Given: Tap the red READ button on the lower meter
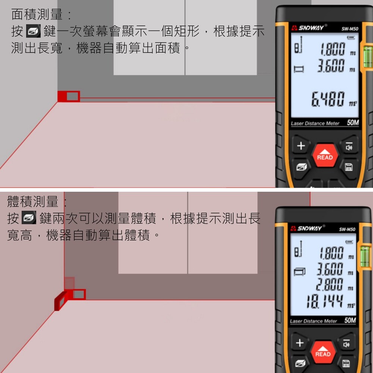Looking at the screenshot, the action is pyautogui.click(x=323, y=352).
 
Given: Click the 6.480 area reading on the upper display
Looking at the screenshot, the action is pyautogui.click(x=328, y=99).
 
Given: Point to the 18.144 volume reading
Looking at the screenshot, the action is pyautogui.click(x=325, y=301).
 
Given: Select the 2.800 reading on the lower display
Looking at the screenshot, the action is pyautogui.click(x=329, y=284).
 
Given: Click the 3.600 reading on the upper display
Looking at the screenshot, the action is pyautogui.click(x=331, y=66).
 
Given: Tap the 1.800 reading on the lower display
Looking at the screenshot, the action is pyautogui.click(x=331, y=253).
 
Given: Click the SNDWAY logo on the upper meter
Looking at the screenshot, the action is pyautogui.click(x=308, y=28).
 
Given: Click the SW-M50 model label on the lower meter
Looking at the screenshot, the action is pyautogui.click(x=347, y=229).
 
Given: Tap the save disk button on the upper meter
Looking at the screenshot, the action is pyautogui.click(x=348, y=167).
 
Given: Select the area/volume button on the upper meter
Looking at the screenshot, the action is pyautogui.click(x=301, y=167).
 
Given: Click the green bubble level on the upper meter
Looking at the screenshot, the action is pyautogui.click(x=367, y=57).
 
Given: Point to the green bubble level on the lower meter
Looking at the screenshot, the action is pyautogui.click(x=365, y=257).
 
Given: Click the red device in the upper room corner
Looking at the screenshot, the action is pyautogui.click(x=69, y=96).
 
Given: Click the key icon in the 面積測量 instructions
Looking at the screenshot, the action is pyautogui.click(x=33, y=31).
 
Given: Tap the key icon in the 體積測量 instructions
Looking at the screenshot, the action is pyautogui.click(x=29, y=217).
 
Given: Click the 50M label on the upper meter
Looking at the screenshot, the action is pyautogui.click(x=353, y=122).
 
